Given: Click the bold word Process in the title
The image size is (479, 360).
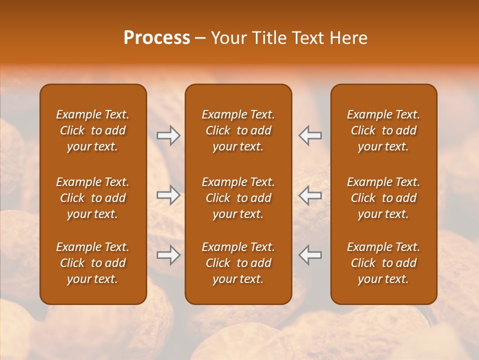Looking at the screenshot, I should (157, 38).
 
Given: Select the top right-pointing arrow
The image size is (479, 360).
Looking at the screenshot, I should (168, 135).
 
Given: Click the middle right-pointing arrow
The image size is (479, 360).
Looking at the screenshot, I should (168, 195).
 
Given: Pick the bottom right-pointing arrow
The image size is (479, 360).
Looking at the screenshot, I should (168, 255).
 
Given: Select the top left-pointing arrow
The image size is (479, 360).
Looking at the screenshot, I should (310, 135).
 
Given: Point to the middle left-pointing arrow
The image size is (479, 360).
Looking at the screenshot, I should (310, 195).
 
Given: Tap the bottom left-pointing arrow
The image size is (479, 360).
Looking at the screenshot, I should (310, 255).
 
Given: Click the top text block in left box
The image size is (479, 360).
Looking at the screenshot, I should (93, 130).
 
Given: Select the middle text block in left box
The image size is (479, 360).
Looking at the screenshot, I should (93, 198).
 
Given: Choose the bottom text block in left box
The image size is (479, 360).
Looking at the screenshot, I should (93, 263).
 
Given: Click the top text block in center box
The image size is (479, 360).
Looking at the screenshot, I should (238, 130).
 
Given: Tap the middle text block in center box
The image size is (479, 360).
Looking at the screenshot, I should (238, 198).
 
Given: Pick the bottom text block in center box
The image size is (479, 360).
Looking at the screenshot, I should (238, 263).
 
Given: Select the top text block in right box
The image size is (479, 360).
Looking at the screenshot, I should (383, 130).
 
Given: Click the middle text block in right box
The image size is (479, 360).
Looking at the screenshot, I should (383, 198).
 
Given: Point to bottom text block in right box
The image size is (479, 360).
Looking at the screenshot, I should (383, 263).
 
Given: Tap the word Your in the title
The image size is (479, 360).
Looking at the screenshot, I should (228, 38).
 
